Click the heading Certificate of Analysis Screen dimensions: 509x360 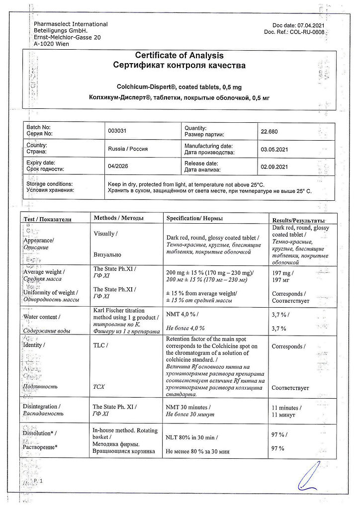coord(180,56)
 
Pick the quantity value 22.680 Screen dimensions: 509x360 coord(270,131)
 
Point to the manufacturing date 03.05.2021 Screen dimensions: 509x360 coord(274,149)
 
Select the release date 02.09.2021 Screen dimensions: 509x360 coord(274,167)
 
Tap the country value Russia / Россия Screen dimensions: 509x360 coord(128,149)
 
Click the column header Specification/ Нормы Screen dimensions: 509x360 coord(194,219)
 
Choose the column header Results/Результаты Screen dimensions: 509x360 coord(298,220)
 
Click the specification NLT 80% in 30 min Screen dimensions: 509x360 coord(191,438)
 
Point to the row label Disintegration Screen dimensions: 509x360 coord(44,407)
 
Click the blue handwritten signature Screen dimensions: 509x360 coord(308,477)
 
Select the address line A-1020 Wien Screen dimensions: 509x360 coord(52,44)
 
